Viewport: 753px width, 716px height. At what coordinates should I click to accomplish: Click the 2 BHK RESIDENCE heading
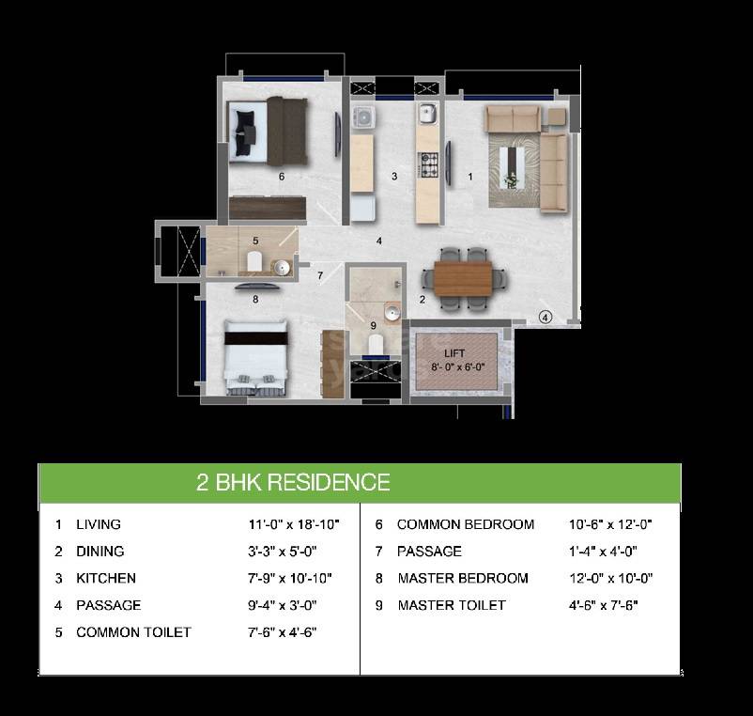pyautogui.click(x=293, y=483)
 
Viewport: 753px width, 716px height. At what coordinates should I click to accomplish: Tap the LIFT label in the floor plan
pyautogui.click(x=454, y=354)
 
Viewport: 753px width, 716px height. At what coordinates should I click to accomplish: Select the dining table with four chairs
pyautogui.click(x=465, y=278)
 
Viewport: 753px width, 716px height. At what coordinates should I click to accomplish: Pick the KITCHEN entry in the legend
pyautogui.click(x=105, y=578)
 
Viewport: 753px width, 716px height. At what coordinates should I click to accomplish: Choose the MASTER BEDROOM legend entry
pyautogui.click(x=462, y=578)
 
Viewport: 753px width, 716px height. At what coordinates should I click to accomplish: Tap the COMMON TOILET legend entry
pyautogui.click(x=133, y=632)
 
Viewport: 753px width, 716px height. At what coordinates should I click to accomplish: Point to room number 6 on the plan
pyautogui.click(x=281, y=176)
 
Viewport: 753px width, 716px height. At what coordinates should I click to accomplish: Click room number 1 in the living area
pyautogui.click(x=470, y=176)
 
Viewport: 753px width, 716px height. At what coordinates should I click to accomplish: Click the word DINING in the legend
pyautogui.click(x=100, y=552)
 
